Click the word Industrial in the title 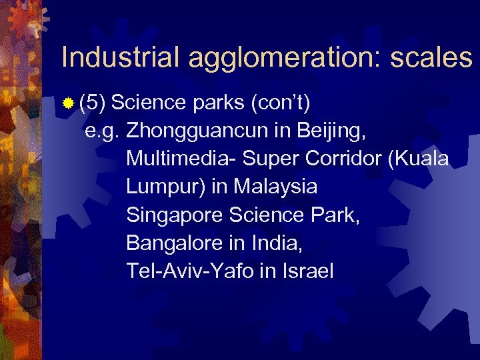[120, 58]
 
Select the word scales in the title [431, 58]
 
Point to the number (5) [93, 104]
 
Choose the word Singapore [174, 215]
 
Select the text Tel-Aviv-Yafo [183, 271]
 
